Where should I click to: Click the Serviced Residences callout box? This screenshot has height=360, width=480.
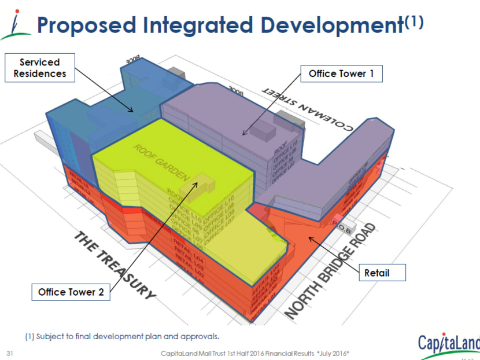click(40, 68)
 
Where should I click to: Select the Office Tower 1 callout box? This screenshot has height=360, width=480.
click(337, 74)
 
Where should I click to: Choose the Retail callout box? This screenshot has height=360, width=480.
click(376, 272)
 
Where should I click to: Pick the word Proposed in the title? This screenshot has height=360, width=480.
click(87, 25)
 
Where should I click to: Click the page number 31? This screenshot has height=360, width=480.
click(9, 352)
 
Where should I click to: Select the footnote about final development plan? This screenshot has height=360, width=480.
click(122, 336)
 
